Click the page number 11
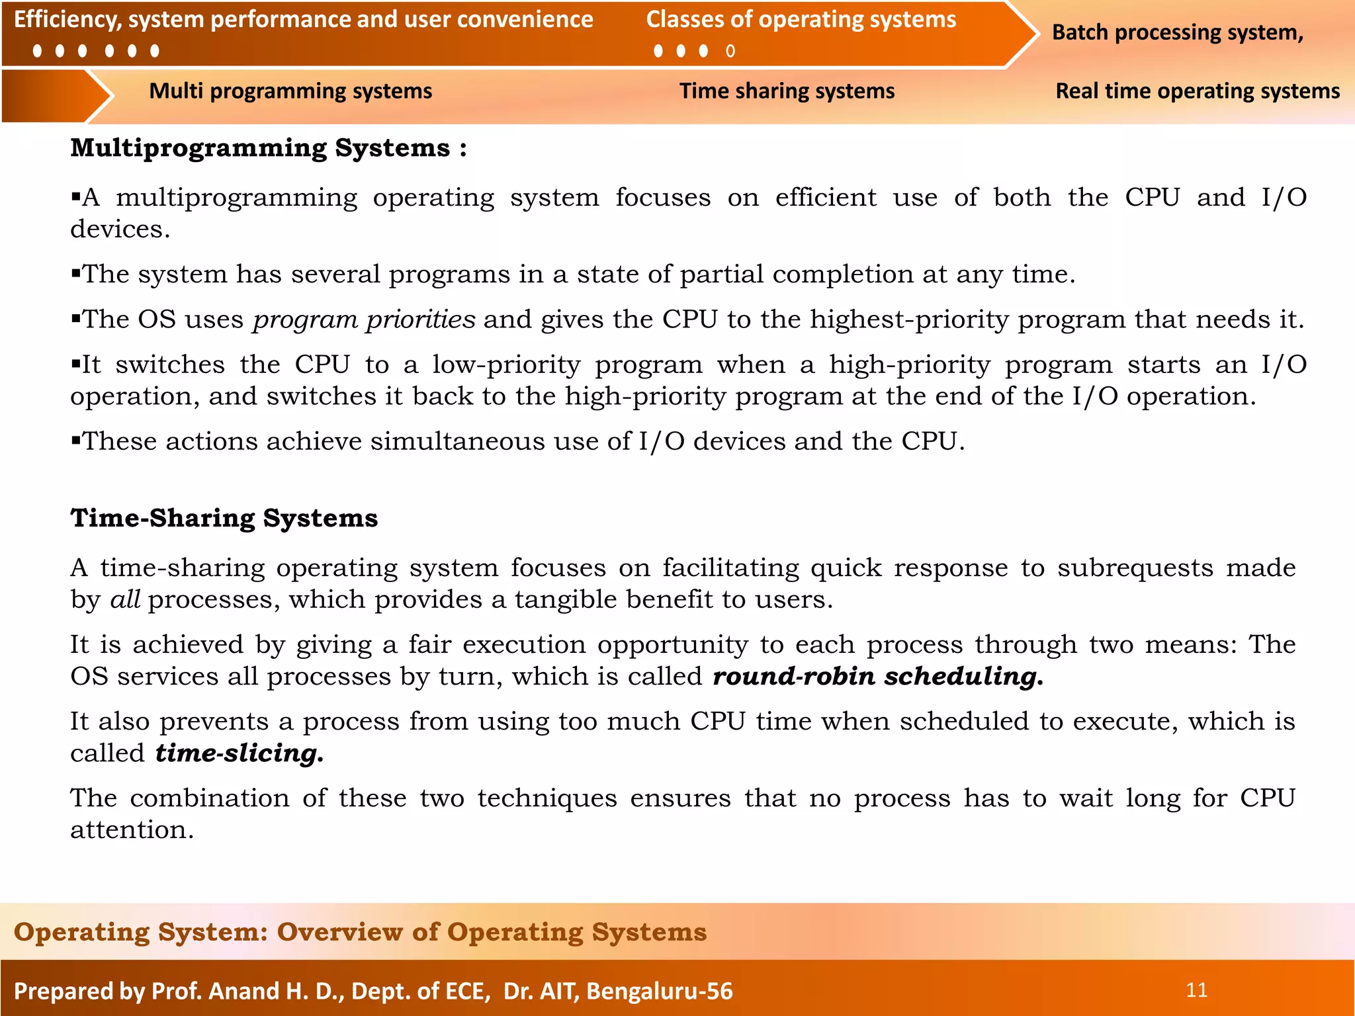pyautogui.click(x=1196, y=990)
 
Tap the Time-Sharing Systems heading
pyautogui.click(x=224, y=518)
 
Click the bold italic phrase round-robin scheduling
pyautogui.click(x=877, y=676)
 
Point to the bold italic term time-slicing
pyautogui.click(x=239, y=753)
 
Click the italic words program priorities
pyautogui.click(x=364, y=319)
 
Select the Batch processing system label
pyautogui.click(x=1177, y=32)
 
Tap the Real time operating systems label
pyautogui.click(x=1197, y=91)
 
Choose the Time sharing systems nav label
pyautogui.click(x=787, y=91)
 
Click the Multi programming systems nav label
pyautogui.click(x=290, y=91)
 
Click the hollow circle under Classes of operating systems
pyautogui.click(x=730, y=51)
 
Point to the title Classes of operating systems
pyautogui.click(x=801, y=19)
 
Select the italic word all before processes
pyautogui.click(x=125, y=599)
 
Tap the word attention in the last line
pyautogui.click(x=132, y=829)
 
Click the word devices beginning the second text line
pyautogui.click(x=120, y=230)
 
